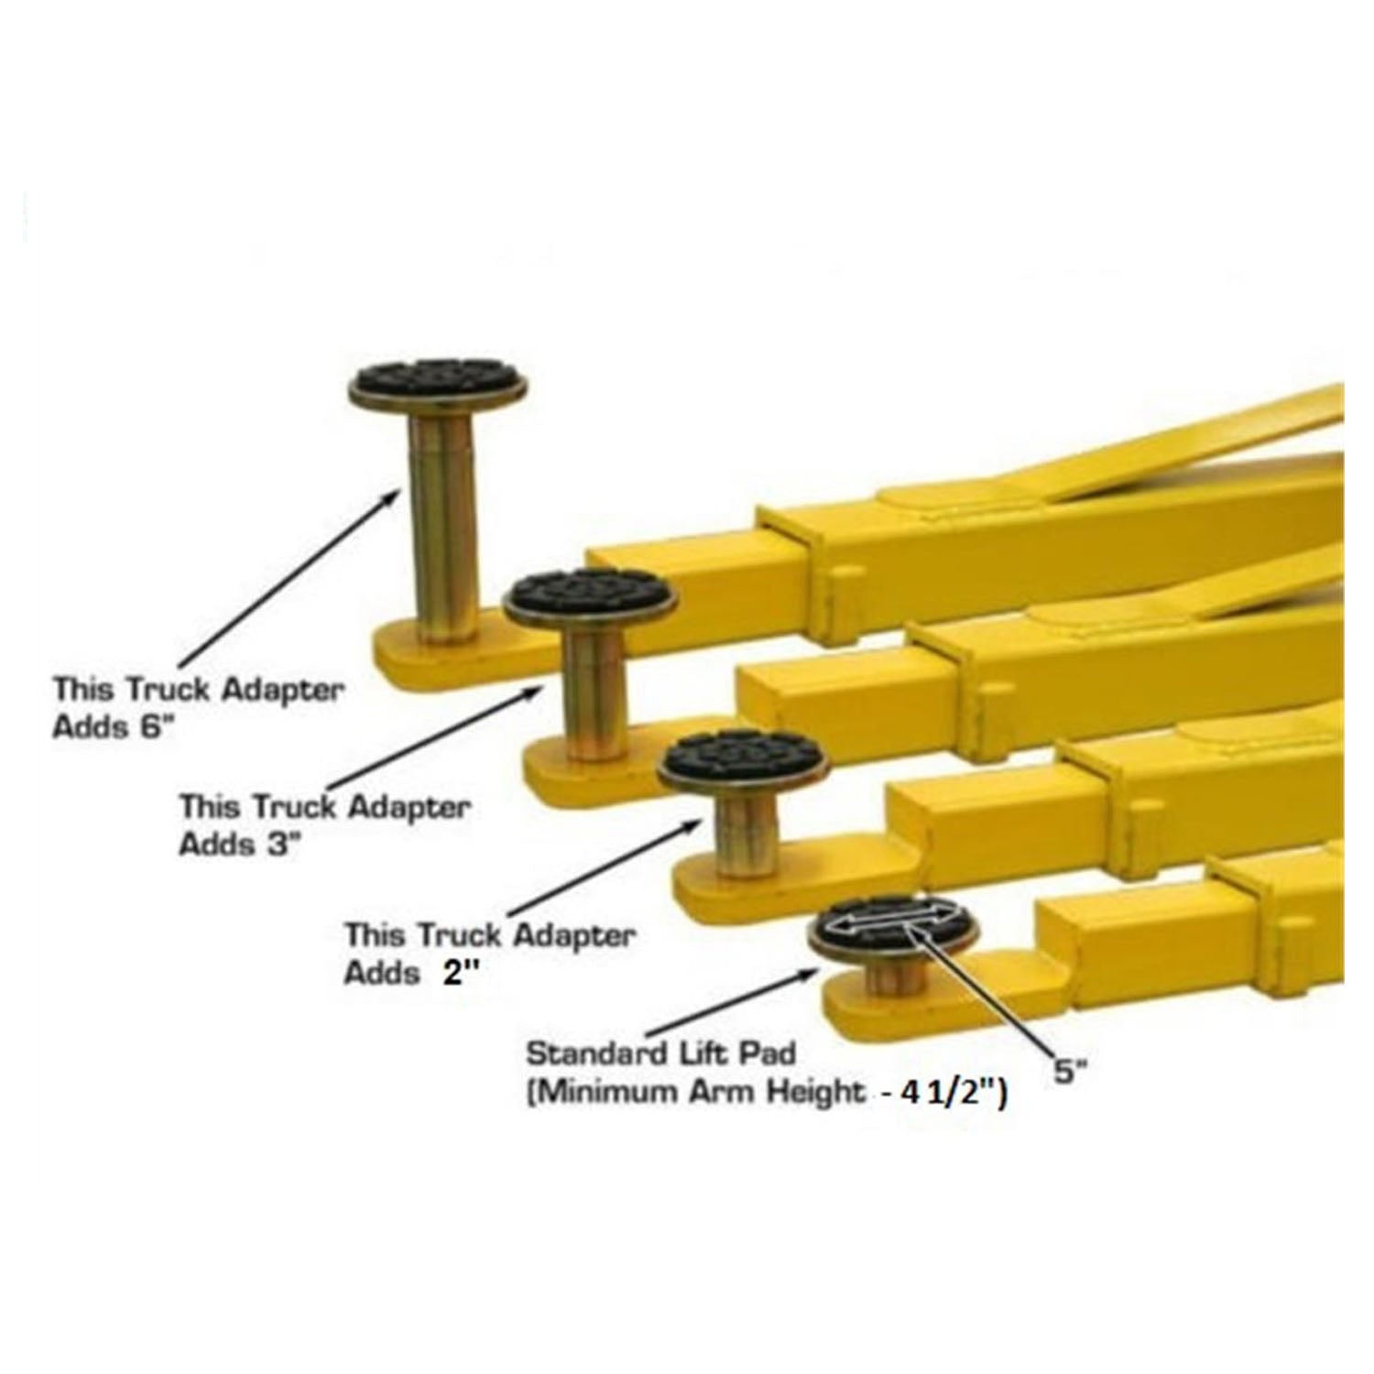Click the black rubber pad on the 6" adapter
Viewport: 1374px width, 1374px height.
pos(437,376)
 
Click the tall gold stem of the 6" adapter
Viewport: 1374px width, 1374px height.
pos(443,522)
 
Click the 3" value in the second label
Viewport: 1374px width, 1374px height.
pos(285,845)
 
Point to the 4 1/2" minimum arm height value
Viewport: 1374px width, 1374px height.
pos(953,1094)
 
